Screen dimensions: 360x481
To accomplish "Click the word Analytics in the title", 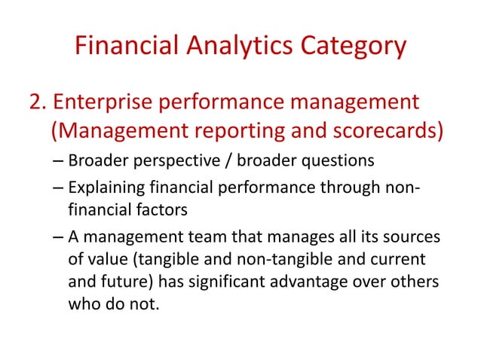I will point(232,48).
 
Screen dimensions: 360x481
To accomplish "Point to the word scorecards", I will point(375,132).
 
